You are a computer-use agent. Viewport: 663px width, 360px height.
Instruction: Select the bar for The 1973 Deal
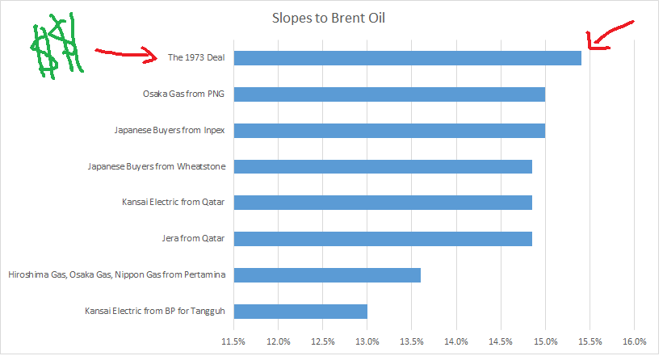click(x=408, y=57)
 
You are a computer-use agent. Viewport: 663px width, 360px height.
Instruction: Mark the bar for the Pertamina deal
click(x=328, y=274)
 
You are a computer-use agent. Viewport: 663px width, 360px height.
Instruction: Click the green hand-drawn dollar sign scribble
click(x=55, y=46)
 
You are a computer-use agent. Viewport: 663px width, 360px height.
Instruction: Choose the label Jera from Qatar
click(x=193, y=238)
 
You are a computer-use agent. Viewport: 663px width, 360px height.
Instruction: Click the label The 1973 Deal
click(x=196, y=57)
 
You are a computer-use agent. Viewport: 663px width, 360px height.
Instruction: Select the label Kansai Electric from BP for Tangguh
click(x=156, y=311)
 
